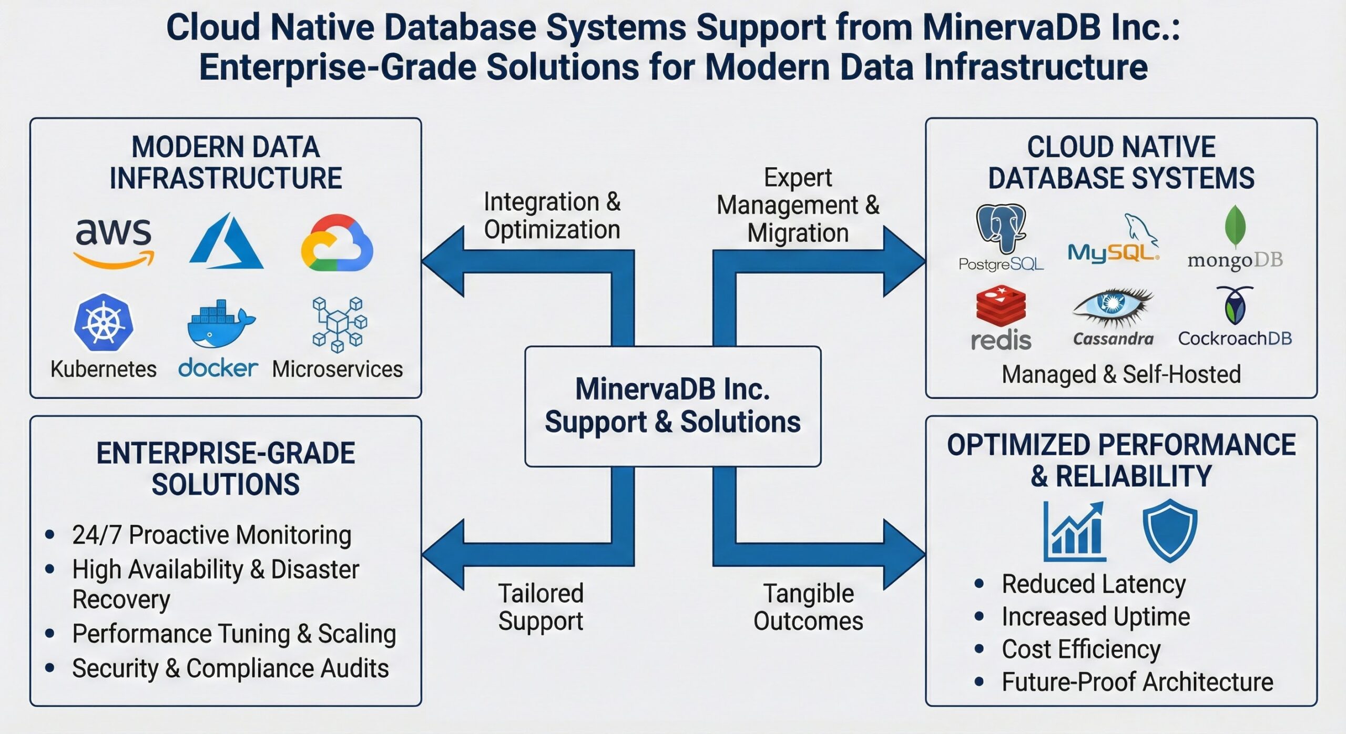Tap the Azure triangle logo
(227, 242)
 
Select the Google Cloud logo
(337, 243)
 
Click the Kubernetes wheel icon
(104, 322)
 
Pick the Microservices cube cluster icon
(339, 324)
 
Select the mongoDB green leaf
(1235, 226)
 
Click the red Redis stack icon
(1001, 305)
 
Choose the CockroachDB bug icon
(1235, 305)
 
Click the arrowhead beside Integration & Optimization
(443, 261)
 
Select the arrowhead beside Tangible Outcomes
(904, 554)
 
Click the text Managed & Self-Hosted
(1121, 374)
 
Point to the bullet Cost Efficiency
(1081, 649)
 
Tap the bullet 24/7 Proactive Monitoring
(211, 535)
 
